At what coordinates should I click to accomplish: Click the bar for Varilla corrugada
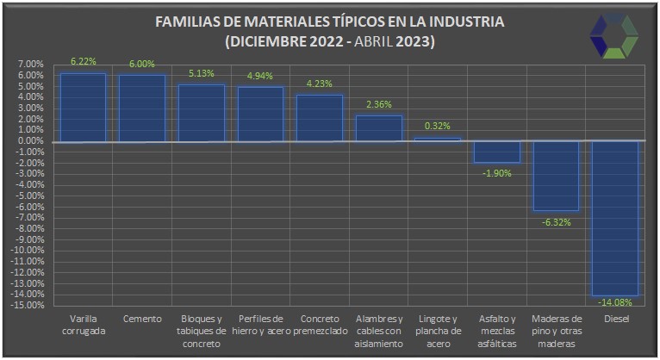(83, 108)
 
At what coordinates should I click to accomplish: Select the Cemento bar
(142, 109)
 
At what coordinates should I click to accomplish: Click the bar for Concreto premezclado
(320, 118)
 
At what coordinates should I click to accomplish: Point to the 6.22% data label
(83, 61)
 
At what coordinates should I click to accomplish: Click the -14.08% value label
(616, 302)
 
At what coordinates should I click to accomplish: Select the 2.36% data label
(379, 105)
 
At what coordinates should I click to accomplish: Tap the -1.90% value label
(497, 173)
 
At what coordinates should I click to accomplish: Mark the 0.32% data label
(438, 127)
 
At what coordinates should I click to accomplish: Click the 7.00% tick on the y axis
(29, 65)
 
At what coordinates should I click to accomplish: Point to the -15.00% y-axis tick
(28, 305)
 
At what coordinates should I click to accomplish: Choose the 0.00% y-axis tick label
(29, 141)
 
